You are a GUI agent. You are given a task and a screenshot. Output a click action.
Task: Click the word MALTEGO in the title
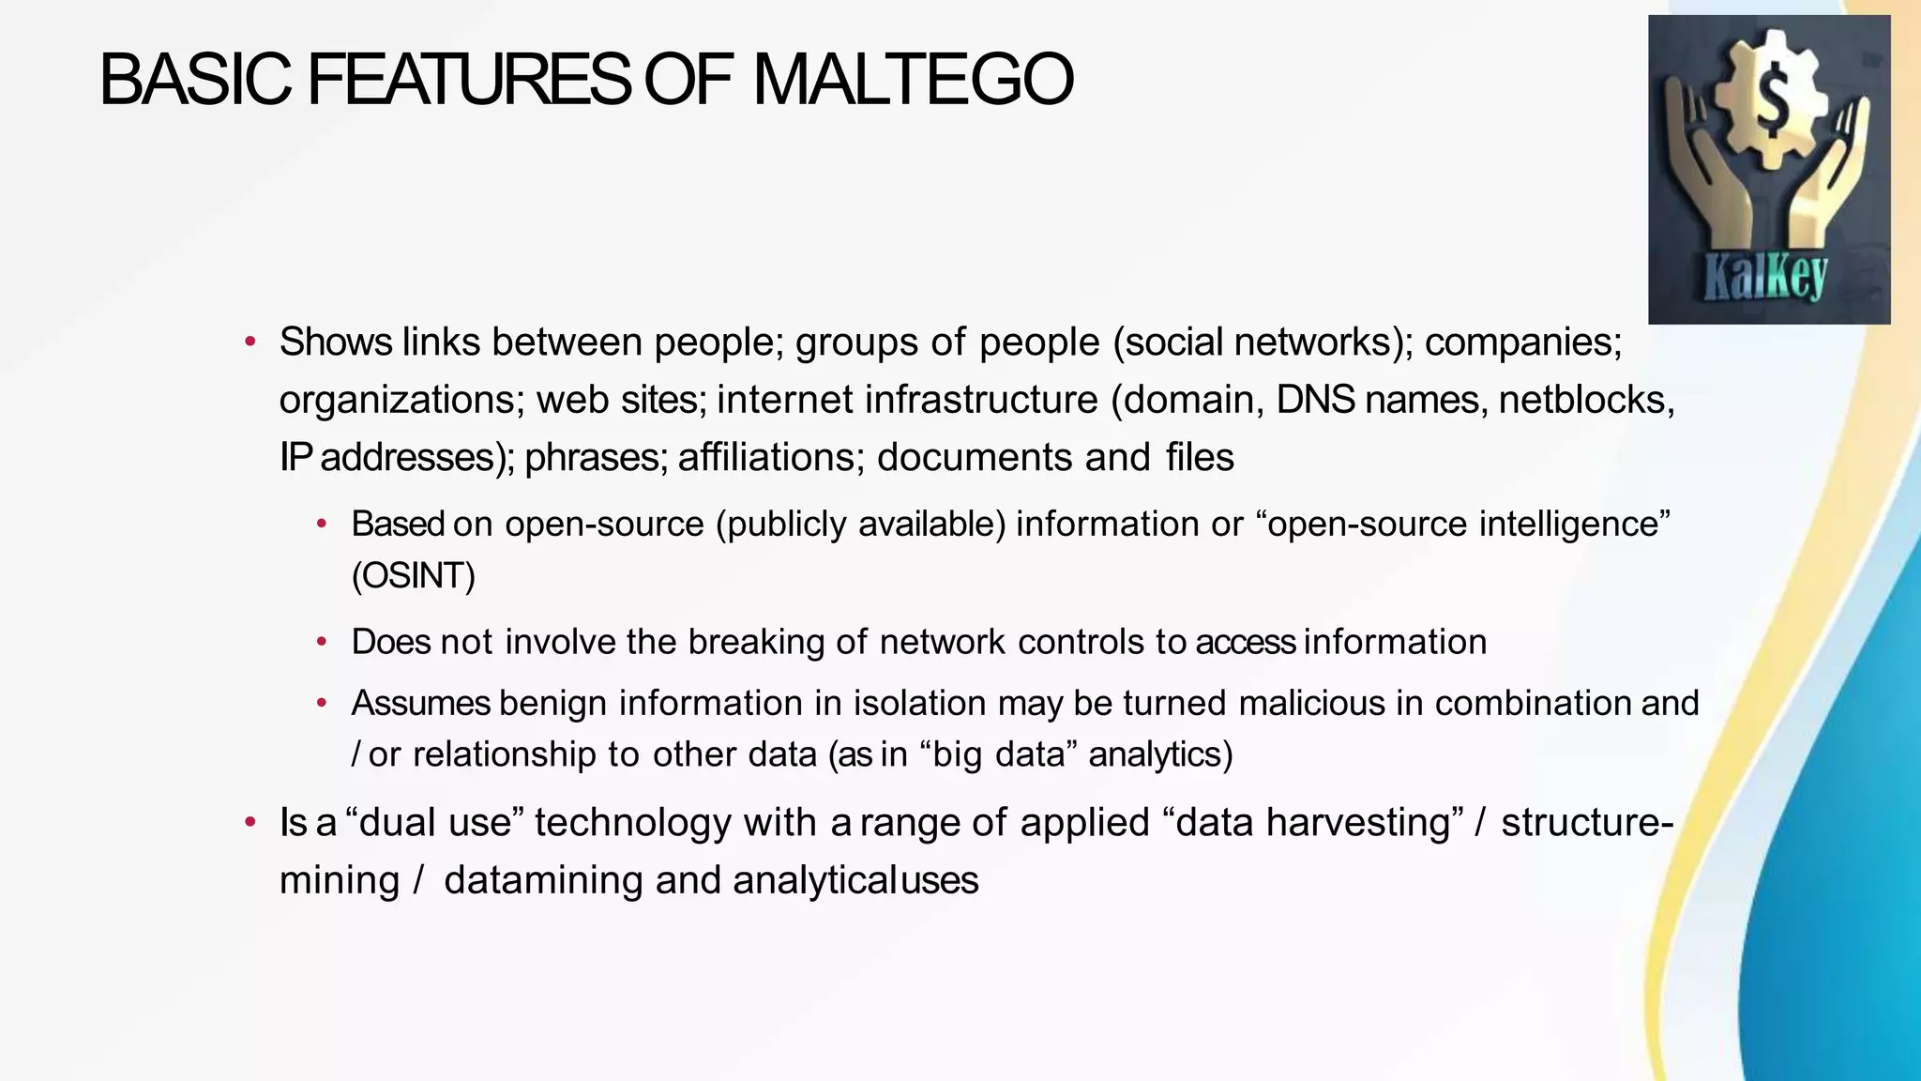pyautogui.click(x=912, y=81)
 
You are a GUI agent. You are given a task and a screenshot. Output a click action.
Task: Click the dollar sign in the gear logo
pyautogui.click(x=1771, y=103)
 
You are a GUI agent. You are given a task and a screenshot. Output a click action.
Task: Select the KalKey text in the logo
pyautogui.click(x=1765, y=279)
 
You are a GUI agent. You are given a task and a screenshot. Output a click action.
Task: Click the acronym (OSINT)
pyautogui.click(x=414, y=575)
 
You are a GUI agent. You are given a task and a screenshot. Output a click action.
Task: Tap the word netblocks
pyautogui.click(x=1586, y=400)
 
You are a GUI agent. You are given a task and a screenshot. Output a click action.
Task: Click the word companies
pyautogui.click(x=1523, y=343)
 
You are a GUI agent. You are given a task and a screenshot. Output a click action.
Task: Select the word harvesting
pyautogui.click(x=1358, y=823)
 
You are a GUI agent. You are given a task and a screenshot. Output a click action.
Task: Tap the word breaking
pyautogui.click(x=756, y=642)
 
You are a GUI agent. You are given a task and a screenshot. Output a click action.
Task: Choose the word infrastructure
pyautogui.click(x=981, y=400)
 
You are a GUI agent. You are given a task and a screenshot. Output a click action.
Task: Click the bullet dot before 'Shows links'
pyautogui.click(x=250, y=343)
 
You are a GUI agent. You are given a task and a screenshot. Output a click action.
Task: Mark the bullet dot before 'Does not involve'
pyautogui.click(x=322, y=643)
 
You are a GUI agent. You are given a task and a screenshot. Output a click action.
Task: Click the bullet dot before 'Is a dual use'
pyautogui.click(x=250, y=823)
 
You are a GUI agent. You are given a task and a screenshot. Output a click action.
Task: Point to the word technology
pyautogui.click(x=632, y=823)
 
